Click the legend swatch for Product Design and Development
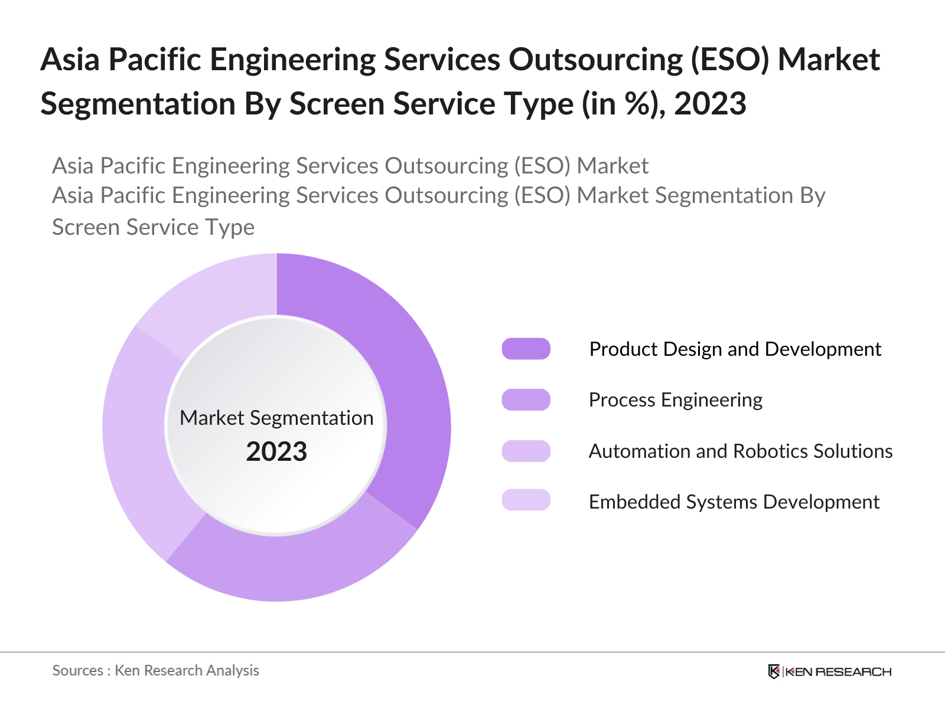coord(526,349)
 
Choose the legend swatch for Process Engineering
coord(526,399)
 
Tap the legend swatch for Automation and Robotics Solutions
coord(526,451)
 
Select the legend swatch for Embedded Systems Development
coord(526,500)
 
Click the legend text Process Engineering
coord(675,400)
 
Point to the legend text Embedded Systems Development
coord(734,502)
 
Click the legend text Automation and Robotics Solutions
coord(740,451)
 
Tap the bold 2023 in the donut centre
coord(276,452)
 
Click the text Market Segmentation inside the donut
coord(276,418)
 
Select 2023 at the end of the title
coord(710,104)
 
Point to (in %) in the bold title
coord(624,104)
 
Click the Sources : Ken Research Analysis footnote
coord(155,671)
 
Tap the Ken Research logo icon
coord(774,671)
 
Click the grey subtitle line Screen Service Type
coord(153,227)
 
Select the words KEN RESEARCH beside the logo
coord(838,672)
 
